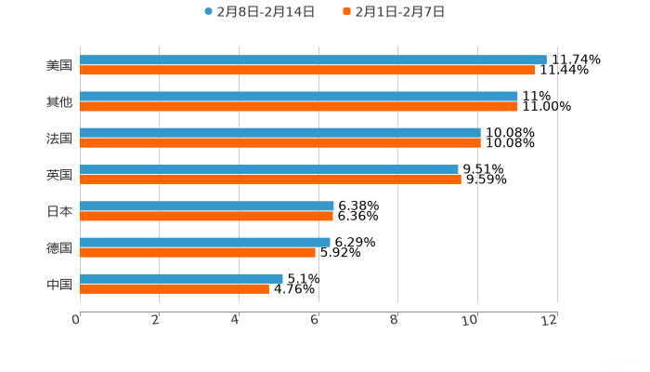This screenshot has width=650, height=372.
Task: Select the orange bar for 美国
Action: coord(307,71)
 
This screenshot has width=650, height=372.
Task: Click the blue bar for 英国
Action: coord(269,169)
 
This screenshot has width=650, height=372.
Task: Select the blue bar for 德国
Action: coord(205,242)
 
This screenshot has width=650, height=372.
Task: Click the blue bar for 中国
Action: coord(181,278)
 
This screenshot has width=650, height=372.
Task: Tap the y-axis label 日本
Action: coord(59,211)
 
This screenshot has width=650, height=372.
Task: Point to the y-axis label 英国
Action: coord(59,175)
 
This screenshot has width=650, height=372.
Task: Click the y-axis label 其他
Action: coord(59,101)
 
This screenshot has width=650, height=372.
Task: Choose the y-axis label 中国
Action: coord(59,284)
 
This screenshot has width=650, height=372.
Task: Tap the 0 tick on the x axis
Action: coord(76,321)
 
